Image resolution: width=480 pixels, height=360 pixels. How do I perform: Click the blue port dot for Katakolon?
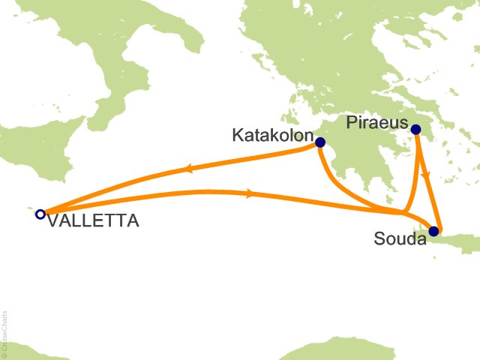[x=320, y=142]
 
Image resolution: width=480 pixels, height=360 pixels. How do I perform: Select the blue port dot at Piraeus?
[x=416, y=130]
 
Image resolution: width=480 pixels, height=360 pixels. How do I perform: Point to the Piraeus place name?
[x=378, y=122]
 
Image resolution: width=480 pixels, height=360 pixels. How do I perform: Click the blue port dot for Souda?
[x=433, y=231]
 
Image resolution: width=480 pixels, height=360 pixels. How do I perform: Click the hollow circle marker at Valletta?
[x=40, y=214]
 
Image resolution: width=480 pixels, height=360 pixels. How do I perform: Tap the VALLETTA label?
[x=92, y=221]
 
